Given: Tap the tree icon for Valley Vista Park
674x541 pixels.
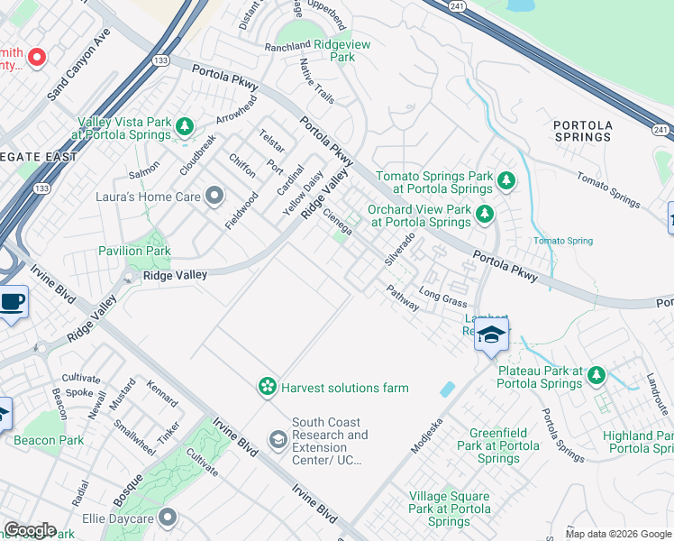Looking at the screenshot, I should pos(186,126).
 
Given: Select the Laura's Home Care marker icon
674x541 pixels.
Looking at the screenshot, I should pos(214,195).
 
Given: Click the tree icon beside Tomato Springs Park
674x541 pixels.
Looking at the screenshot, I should pos(506,181).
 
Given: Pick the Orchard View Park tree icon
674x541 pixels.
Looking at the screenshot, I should pos(485,214).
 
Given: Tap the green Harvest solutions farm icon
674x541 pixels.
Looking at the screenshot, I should pos(267,387).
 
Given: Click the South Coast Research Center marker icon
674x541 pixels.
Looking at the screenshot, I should pos(278,439).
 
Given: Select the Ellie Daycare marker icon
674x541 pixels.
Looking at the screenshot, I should pos(168,518).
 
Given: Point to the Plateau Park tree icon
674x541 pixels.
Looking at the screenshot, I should pos(597,374).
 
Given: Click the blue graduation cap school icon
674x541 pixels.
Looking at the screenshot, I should pos(491,335).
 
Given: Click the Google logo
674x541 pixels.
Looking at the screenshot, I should pos(29,530).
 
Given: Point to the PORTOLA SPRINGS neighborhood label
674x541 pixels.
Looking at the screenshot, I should pos(582,131).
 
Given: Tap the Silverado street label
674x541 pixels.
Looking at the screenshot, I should pos(399,249).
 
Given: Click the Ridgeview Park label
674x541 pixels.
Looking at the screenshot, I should pos(342,50).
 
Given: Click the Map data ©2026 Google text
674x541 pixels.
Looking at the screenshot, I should pos(617,534).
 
